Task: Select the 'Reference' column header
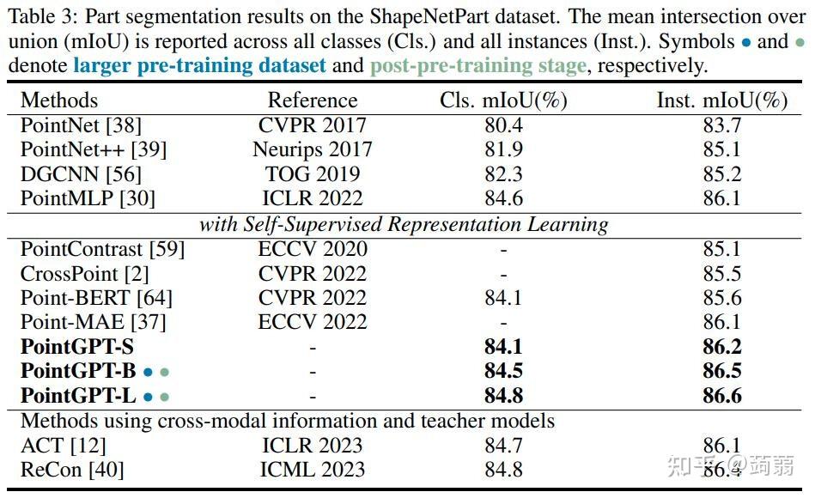(313, 100)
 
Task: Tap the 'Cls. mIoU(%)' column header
(503, 100)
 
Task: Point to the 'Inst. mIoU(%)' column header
(721, 100)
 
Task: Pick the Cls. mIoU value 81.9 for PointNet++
(503, 149)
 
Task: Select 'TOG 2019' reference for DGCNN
(313, 174)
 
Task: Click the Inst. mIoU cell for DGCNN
(721, 174)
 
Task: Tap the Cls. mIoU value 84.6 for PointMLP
(503, 199)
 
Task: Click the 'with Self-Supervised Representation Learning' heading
(404, 225)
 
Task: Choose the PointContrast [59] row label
(102, 250)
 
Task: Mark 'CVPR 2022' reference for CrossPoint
(313, 274)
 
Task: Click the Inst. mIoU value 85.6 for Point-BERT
(721, 298)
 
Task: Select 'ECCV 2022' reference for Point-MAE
(313, 322)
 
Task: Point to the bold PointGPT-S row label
(77, 348)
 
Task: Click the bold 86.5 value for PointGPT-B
(721, 372)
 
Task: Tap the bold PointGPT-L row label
(77, 396)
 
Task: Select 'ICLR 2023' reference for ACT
(313, 446)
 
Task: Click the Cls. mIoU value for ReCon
(503, 470)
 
